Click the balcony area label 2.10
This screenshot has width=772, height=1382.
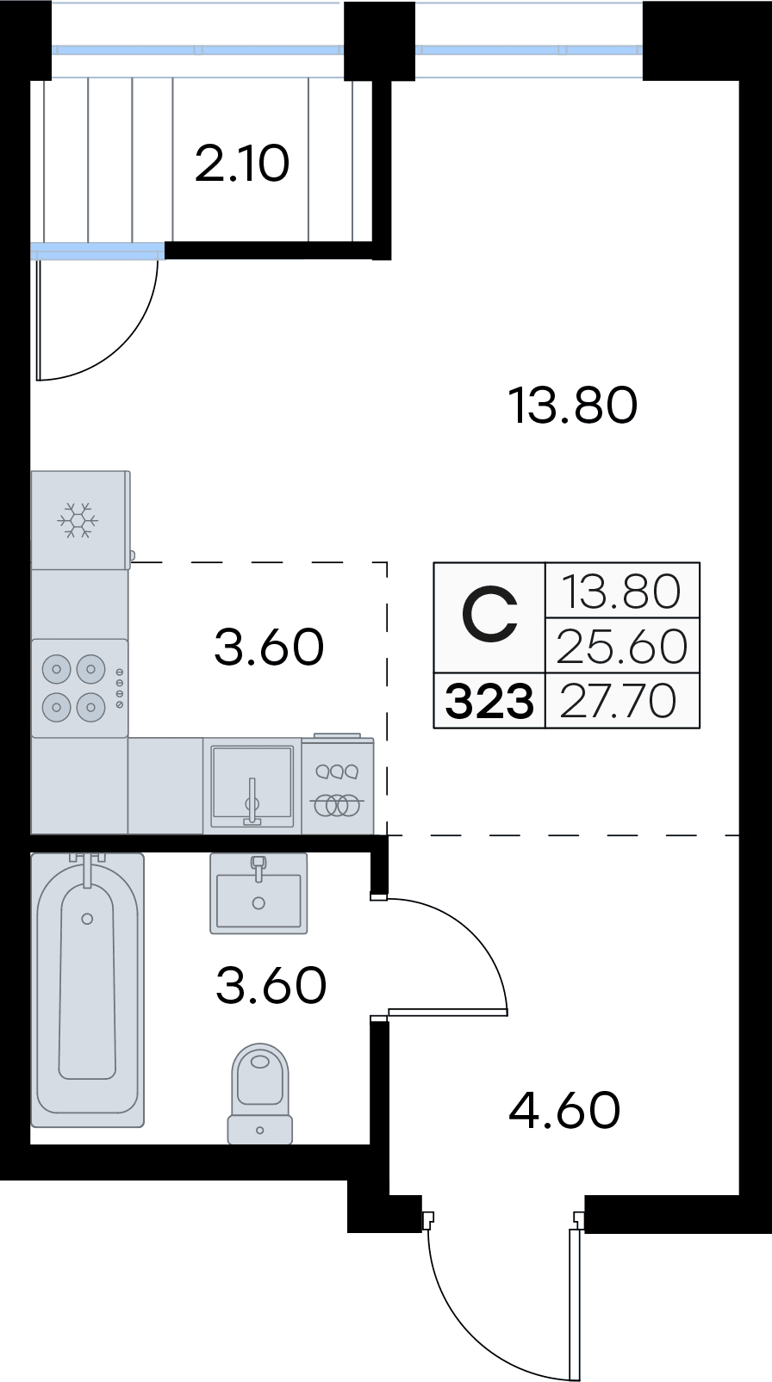(x=242, y=164)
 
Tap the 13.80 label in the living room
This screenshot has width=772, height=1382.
(x=573, y=405)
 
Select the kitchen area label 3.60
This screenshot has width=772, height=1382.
(x=269, y=647)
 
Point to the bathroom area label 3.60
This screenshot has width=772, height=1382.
(x=271, y=985)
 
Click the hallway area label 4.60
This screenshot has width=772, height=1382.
(x=564, y=1110)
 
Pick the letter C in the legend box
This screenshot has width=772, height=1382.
(x=489, y=617)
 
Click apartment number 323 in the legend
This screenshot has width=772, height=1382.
(x=489, y=702)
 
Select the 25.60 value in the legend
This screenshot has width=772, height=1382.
(x=622, y=647)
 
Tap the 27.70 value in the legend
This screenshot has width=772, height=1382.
(x=619, y=701)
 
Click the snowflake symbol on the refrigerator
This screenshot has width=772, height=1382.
(x=78, y=520)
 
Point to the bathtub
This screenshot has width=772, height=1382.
(x=87, y=990)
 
